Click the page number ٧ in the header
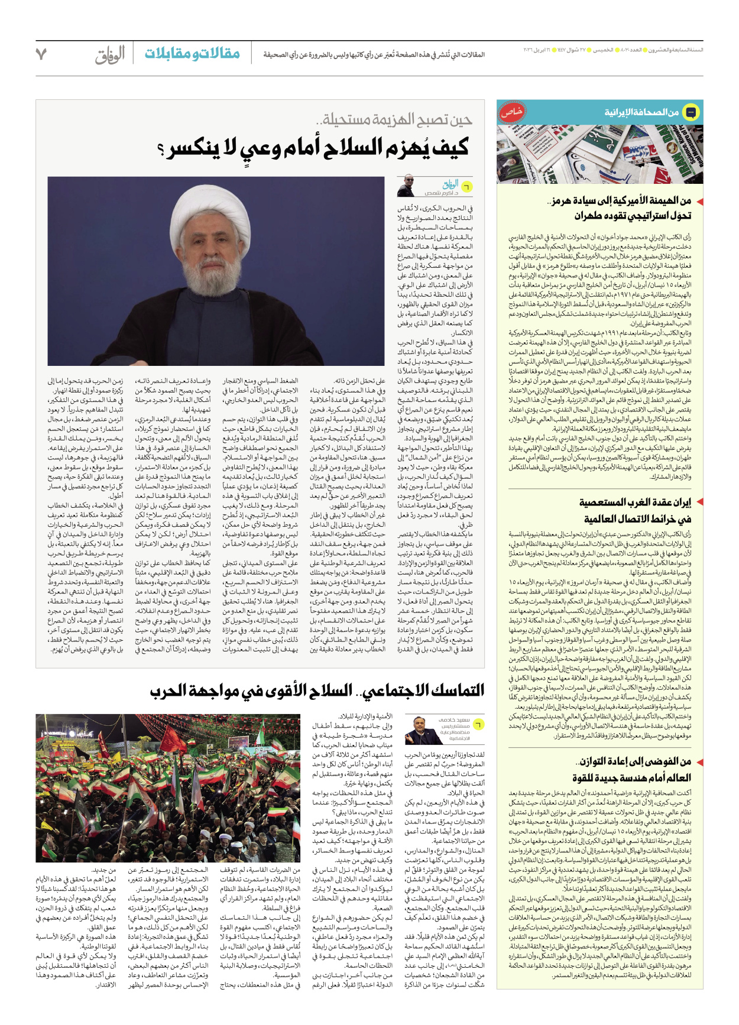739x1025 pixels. [x=41, y=54]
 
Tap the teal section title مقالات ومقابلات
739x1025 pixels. [x=192, y=54]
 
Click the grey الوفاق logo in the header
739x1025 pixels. [x=110, y=55]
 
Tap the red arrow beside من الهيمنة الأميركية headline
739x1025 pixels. [x=698, y=201]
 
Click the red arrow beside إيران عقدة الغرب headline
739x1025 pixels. [x=698, y=502]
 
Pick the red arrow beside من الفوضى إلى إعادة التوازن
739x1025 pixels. [x=698, y=761]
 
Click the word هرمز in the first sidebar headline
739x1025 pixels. [x=563, y=201]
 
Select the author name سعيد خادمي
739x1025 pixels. [x=454, y=720]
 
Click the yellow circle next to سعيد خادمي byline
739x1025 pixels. [x=478, y=724]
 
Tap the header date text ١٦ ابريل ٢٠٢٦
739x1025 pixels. [x=537, y=50]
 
